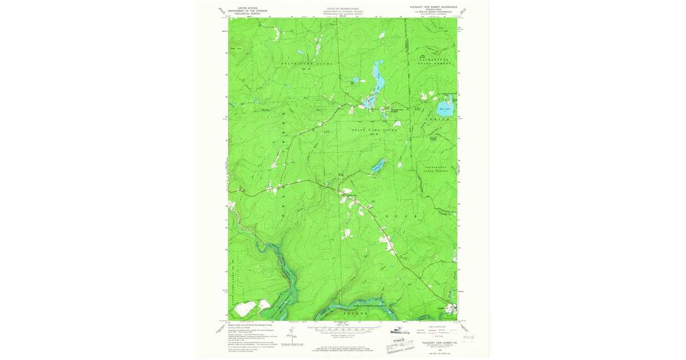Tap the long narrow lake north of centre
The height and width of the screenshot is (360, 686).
coord(377,77)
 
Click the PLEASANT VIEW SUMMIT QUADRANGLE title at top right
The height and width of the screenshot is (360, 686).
coord(432,7)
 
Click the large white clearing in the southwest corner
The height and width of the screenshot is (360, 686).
coord(245,309)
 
